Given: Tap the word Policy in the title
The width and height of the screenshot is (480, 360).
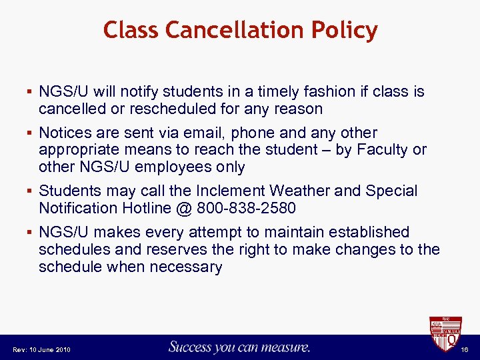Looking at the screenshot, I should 343,30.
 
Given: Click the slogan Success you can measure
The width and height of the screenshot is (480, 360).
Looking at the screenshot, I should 239,347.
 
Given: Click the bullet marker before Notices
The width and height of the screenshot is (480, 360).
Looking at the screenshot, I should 31,133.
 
